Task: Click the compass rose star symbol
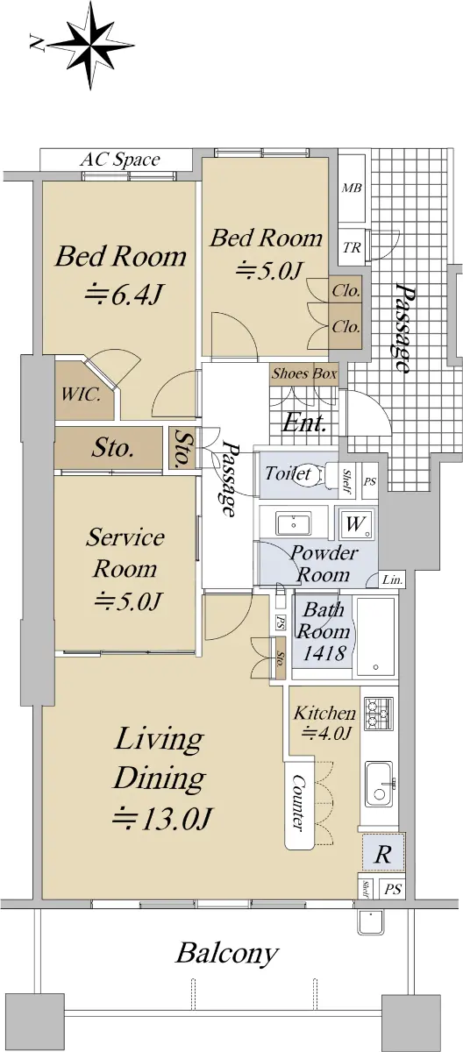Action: click(91, 46)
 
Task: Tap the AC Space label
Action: click(120, 160)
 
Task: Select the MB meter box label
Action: click(352, 188)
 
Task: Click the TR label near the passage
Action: click(352, 247)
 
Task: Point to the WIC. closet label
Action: click(81, 394)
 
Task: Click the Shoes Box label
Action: click(304, 373)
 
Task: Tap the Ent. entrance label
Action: click(303, 423)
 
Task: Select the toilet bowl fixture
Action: click(329, 474)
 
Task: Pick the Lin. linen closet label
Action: click(393, 580)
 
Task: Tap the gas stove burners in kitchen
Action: click(379, 714)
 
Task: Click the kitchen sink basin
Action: click(379, 784)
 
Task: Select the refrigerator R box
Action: click(382, 855)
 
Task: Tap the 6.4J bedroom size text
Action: click(125, 295)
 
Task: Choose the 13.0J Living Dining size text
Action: click(162, 819)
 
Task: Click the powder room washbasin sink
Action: click(294, 524)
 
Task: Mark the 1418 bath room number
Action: click(324, 653)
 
